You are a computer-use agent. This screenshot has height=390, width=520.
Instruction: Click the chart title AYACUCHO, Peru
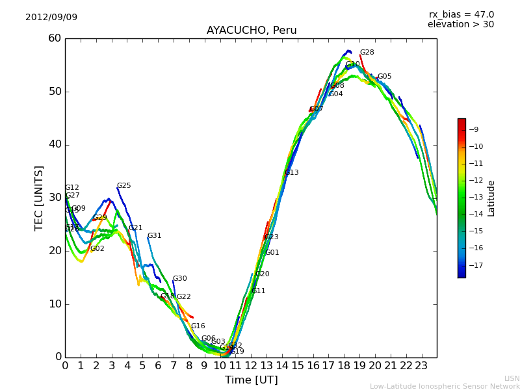coord(252,31)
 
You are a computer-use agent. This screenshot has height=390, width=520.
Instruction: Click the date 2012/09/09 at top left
coord(51,17)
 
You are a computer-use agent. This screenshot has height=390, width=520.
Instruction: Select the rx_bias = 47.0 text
coord(461,14)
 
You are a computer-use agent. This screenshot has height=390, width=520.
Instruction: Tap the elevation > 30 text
coord(460,25)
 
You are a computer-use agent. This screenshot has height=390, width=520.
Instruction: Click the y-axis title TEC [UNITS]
coord(39,198)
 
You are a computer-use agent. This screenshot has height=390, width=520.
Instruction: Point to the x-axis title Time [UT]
coord(251,380)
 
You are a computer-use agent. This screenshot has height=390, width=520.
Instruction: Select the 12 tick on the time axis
coord(251,365)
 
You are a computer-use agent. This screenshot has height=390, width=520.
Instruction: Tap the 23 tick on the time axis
coord(421,365)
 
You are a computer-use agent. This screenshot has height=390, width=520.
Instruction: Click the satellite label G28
coord(367,53)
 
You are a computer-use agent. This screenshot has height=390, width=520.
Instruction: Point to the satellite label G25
coord(123,186)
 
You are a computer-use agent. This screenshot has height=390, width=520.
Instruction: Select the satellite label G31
coord(154,236)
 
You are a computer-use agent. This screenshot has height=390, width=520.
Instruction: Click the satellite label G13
coord(291,173)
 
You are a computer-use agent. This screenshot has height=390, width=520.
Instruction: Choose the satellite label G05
coord(384,77)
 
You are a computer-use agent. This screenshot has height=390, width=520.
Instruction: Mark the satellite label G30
coord(179,279)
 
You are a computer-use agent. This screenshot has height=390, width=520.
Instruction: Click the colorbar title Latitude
coord(491,198)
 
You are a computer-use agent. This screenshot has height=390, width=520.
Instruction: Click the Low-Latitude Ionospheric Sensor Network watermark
coord(445,386)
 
